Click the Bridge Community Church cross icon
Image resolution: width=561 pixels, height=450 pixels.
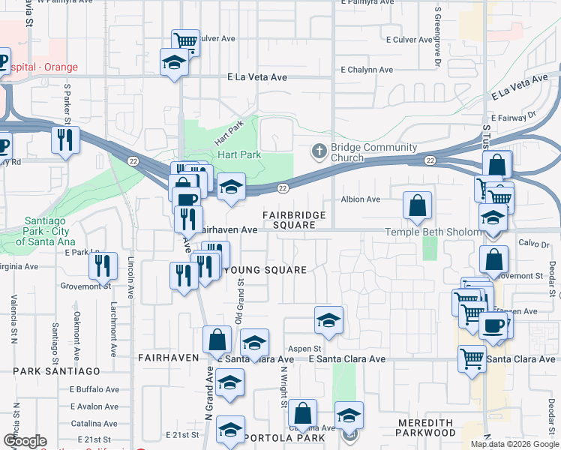pyautogui.click(x=319, y=151)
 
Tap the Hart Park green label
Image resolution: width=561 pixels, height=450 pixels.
pyautogui.click(x=238, y=155)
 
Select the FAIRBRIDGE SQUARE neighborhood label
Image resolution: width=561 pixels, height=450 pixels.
pyautogui.click(x=294, y=220)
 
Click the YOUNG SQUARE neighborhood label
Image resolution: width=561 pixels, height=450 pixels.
pyautogui.click(x=265, y=270)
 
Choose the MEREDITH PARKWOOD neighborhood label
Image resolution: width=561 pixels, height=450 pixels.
pyautogui.click(x=427, y=427)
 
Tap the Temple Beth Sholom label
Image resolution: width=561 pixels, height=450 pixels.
pyautogui.click(x=433, y=232)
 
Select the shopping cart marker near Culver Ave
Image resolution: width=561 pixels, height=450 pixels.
pyautogui.click(x=184, y=40)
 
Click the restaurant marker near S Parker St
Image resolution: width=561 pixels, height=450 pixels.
pyautogui.click(x=65, y=139)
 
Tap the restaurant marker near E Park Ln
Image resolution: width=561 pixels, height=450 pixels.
pyautogui.click(x=102, y=264)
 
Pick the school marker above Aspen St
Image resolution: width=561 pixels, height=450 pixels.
pyautogui.click(x=328, y=319)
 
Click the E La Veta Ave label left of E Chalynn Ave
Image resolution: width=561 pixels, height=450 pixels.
pyautogui.click(x=257, y=77)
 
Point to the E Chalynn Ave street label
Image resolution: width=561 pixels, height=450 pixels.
pyautogui.click(x=366, y=70)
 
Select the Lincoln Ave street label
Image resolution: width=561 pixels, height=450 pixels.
pyautogui.click(x=130, y=278)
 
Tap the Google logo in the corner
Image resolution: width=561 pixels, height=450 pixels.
pyautogui.click(x=25, y=441)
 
